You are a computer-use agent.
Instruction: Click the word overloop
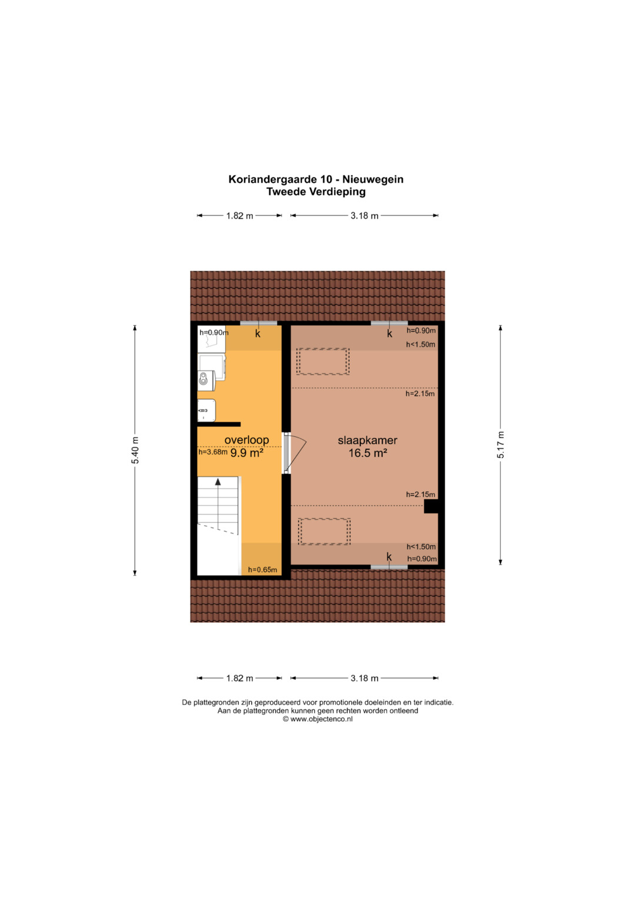pyautogui.click(x=246, y=440)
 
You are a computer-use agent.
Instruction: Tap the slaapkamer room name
pyautogui.click(x=367, y=440)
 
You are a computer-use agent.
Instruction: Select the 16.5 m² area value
pyautogui.click(x=367, y=453)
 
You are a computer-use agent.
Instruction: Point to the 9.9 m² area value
pyautogui.click(x=246, y=453)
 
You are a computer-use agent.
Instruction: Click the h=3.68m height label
pyautogui.click(x=213, y=452)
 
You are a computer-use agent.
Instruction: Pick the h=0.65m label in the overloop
pyautogui.click(x=262, y=570)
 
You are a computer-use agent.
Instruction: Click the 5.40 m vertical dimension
pyautogui.click(x=135, y=450)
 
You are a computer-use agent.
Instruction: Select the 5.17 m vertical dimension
pyautogui.click(x=500, y=445)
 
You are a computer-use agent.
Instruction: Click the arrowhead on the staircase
pyautogui.click(x=218, y=482)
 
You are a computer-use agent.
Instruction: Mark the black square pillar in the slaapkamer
pyautogui.click(x=431, y=506)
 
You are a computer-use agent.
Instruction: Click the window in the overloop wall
pyautogui.click(x=259, y=323)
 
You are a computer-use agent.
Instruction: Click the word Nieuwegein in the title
pyautogui.click(x=373, y=179)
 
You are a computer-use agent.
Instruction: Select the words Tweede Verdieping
pyautogui.click(x=316, y=192)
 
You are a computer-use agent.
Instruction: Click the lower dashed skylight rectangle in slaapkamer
pyautogui.click(x=325, y=532)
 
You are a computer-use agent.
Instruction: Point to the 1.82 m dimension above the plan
pyautogui.click(x=240, y=216)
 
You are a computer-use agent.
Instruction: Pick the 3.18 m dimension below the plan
pyautogui.click(x=365, y=678)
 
